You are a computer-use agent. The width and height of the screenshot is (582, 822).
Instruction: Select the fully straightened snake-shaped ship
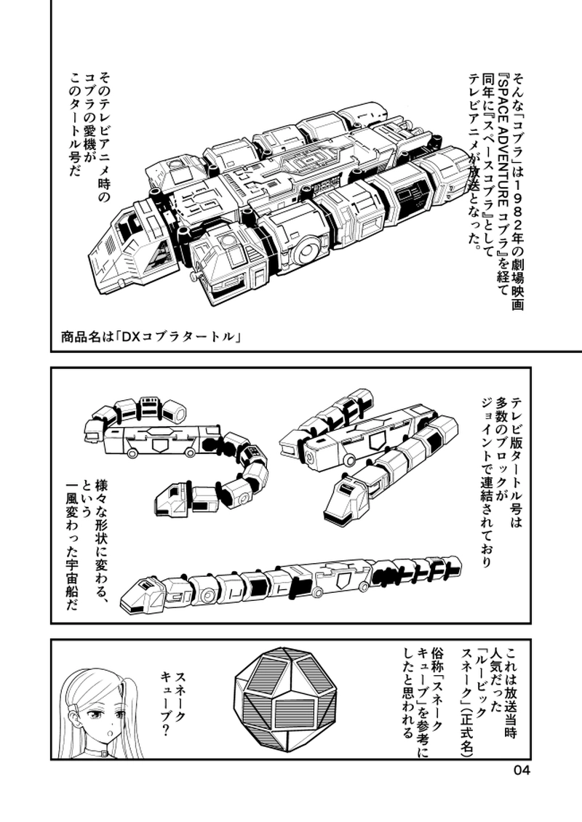(x=292, y=586)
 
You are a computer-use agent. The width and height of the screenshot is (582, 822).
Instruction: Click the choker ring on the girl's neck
(x=103, y=754)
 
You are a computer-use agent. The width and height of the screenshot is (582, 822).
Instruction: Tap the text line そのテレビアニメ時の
(x=105, y=139)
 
